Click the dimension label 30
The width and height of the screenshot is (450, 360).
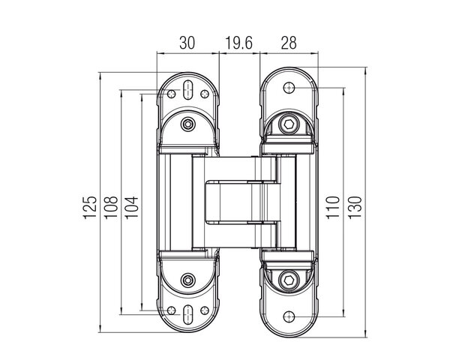coord(187,43)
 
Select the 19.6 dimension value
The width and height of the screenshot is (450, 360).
coord(238,43)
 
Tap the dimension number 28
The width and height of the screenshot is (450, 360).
coord(289,43)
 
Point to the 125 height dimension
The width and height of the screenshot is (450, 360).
coord(89,208)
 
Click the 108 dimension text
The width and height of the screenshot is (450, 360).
coord(111,208)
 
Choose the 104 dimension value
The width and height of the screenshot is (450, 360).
coord(132,208)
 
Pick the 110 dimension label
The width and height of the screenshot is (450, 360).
coord(332,208)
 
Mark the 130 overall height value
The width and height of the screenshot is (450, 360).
coord(355,208)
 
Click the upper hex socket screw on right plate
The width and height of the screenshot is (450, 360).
coord(289,124)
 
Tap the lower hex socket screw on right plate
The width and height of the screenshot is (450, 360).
coord(289,279)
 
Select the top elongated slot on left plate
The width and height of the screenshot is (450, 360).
coord(188,90)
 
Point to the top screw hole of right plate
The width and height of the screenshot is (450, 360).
coord(289,88)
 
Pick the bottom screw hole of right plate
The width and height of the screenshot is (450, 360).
coord(289,317)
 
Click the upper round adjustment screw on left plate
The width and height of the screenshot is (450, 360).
coord(188,124)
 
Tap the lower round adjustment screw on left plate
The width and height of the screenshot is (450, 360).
coord(188,280)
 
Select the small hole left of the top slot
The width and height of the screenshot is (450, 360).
coord(171,94)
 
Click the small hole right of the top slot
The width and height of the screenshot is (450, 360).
coord(205,94)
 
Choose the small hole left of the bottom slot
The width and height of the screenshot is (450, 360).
coord(171,310)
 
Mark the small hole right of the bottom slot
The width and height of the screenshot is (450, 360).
coord(205,310)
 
